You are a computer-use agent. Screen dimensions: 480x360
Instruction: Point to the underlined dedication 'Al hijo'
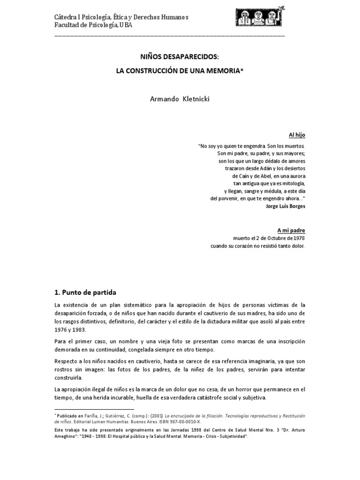297,135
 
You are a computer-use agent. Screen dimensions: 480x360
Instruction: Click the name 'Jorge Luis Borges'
285,206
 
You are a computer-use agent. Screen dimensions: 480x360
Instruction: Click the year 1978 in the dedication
297,238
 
